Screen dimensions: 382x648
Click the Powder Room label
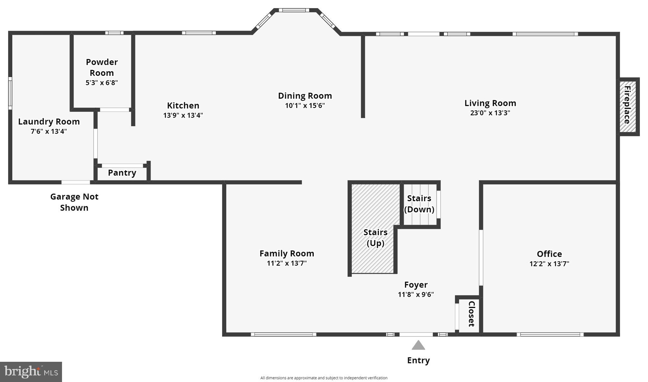pyautogui.click(x=102, y=67)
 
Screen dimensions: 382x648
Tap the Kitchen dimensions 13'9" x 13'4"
pyautogui.click(x=183, y=115)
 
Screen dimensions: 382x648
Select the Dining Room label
pyautogui.click(x=305, y=96)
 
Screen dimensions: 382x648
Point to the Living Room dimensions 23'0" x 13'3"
pyautogui.click(x=490, y=113)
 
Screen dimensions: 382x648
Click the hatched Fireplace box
pyautogui.click(x=627, y=106)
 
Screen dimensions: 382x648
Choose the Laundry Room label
pyautogui.click(x=49, y=122)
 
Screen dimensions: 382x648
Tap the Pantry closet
pyautogui.click(x=122, y=173)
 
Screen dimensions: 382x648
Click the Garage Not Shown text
pyautogui.click(x=74, y=202)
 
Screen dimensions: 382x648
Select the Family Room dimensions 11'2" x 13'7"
pyautogui.click(x=287, y=263)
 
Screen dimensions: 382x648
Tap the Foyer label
pyautogui.click(x=416, y=285)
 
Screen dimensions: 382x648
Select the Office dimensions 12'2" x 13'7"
pyautogui.click(x=549, y=264)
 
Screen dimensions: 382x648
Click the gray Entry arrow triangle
pyautogui.click(x=418, y=346)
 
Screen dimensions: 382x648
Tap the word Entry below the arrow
pyautogui.click(x=418, y=361)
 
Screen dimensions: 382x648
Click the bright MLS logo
pyautogui.click(x=31, y=372)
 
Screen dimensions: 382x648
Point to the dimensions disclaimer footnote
pyautogui.click(x=324, y=378)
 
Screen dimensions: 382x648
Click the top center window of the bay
pyautogui.click(x=294, y=10)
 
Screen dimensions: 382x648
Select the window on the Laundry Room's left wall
pyautogui.click(x=10, y=93)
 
